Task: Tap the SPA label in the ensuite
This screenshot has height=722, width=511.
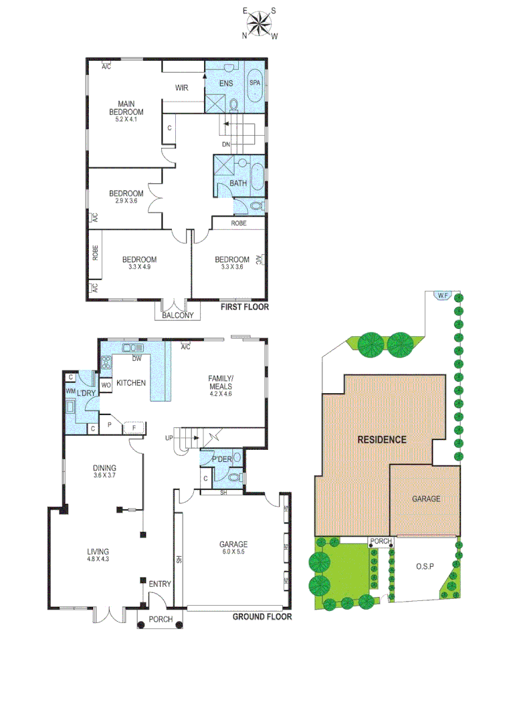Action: point(255,82)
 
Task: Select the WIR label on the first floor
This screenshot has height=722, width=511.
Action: point(181,88)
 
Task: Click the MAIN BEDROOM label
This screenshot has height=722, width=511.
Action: point(126,108)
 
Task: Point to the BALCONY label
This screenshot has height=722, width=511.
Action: point(177,316)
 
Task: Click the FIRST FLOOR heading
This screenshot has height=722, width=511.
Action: point(245,308)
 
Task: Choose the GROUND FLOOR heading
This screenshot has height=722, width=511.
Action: point(262,616)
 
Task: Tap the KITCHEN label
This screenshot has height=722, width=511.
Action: point(131,383)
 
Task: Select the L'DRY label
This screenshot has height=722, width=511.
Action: point(88,392)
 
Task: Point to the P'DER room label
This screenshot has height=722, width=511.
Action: point(221,459)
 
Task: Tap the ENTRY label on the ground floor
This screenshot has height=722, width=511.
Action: point(160,584)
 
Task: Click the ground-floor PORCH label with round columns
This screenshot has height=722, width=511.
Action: point(161,620)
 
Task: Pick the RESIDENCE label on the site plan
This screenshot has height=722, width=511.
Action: point(381,440)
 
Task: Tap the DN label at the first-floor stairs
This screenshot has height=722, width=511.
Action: point(226,144)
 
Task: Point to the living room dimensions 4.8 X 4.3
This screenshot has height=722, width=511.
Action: point(98,559)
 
